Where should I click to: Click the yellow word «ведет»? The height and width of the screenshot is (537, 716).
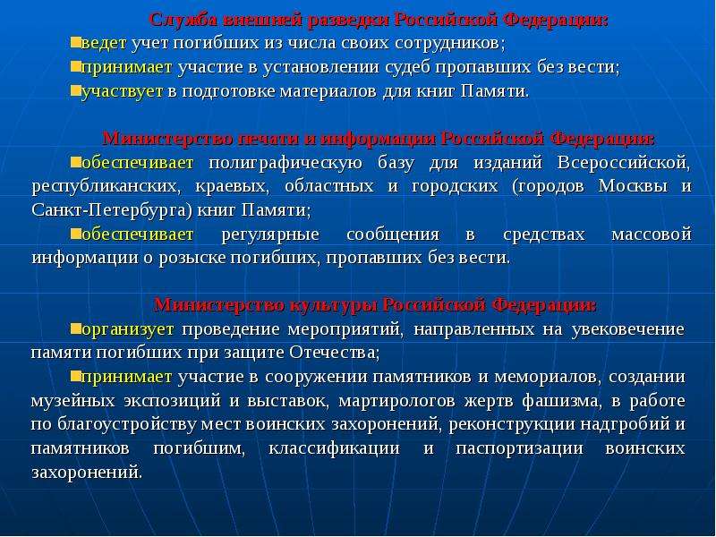click(104, 43)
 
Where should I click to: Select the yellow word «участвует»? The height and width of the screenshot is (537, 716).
click(123, 92)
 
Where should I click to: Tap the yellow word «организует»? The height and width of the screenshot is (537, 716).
click(128, 329)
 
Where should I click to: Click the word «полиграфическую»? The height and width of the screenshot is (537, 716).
click(286, 163)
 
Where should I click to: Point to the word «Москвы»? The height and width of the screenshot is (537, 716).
click(633, 186)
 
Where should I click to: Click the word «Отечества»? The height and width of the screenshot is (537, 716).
click(334, 353)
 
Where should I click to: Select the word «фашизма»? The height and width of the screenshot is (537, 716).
click(562, 401)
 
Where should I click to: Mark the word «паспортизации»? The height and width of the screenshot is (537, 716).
click(520, 449)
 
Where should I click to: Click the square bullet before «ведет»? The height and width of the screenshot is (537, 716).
click(76, 43)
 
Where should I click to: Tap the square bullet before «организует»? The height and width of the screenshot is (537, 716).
click(76, 328)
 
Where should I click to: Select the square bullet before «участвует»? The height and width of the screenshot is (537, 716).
click(76, 91)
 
